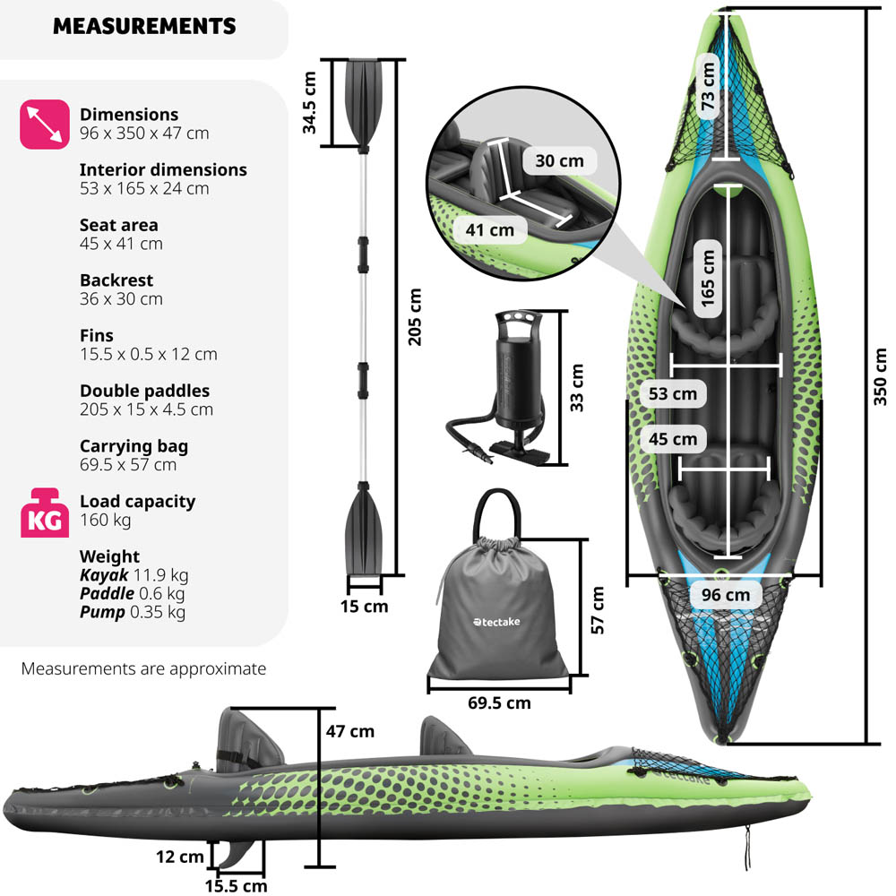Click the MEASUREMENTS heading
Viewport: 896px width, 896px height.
[x=144, y=26]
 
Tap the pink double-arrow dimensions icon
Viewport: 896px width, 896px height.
[x=45, y=124]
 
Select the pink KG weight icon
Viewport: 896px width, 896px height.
[x=45, y=513]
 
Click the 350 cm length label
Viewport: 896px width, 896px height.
[x=880, y=376]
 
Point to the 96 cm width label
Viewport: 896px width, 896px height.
[x=726, y=594]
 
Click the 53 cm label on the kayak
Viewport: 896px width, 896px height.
[x=673, y=393]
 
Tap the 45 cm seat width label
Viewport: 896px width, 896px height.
[x=673, y=439]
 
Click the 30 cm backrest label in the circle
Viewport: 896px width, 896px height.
[x=559, y=161]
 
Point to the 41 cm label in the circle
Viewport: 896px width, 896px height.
[x=490, y=230]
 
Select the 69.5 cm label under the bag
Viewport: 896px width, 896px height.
[x=499, y=702]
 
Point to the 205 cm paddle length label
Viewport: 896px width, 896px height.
[x=413, y=315]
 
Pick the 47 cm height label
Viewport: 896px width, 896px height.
[x=349, y=731]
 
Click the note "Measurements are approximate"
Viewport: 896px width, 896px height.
[x=143, y=668]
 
